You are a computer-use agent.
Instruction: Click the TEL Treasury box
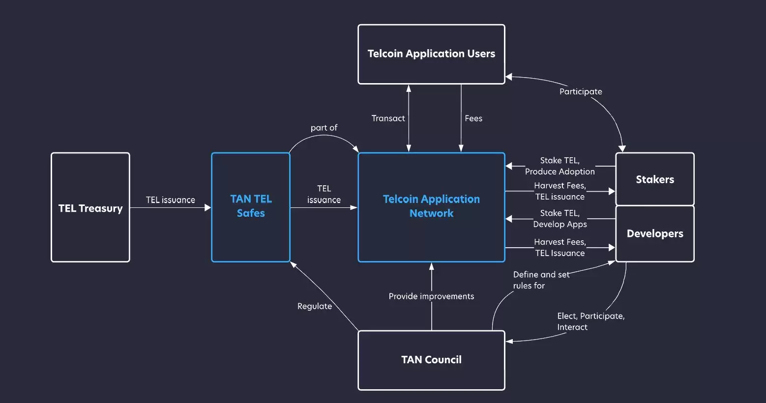(x=90, y=207)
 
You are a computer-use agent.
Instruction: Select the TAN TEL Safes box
(x=251, y=207)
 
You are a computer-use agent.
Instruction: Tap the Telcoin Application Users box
(x=431, y=54)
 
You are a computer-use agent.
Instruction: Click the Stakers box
(x=654, y=179)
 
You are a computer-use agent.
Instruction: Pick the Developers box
(x=654, y=234)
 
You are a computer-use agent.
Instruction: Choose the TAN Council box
(x=431, y=360)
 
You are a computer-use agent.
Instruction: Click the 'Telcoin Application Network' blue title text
(x=431, y=206)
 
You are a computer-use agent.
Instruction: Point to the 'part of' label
(x=324, y=128)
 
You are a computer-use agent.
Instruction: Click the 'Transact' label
(x=388, y=118)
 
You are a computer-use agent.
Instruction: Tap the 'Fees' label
(x=473, y=118)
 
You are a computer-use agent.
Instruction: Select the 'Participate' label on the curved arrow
(x=581, y=91)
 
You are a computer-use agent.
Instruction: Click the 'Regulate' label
(x=315, y=306)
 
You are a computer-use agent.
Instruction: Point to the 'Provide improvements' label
(x=431, y=296)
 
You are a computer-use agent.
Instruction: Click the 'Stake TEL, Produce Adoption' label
(x=560, y=166)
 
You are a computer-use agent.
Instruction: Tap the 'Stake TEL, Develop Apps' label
(x=560, y=219)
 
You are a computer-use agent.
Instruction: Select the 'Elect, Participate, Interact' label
(x=590, y=321)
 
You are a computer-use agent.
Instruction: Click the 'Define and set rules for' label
(x=540, y=280)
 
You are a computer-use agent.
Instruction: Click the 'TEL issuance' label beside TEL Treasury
(x=170, y=200)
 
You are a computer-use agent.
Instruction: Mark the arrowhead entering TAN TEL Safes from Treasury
(x=207, y=208)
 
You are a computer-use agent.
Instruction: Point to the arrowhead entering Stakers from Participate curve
(x=622, y=148)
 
